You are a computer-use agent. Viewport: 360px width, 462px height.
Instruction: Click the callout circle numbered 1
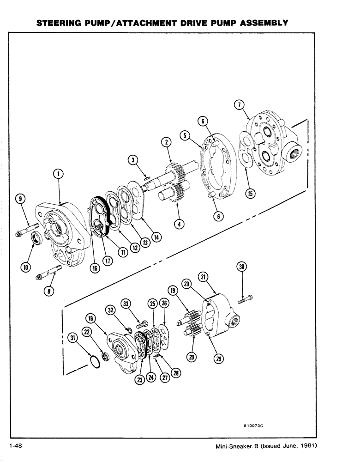coord(58,174)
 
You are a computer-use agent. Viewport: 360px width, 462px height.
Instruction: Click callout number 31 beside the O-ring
coord(73,338)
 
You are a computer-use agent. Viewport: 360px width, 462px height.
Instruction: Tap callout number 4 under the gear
coord(180,225)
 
